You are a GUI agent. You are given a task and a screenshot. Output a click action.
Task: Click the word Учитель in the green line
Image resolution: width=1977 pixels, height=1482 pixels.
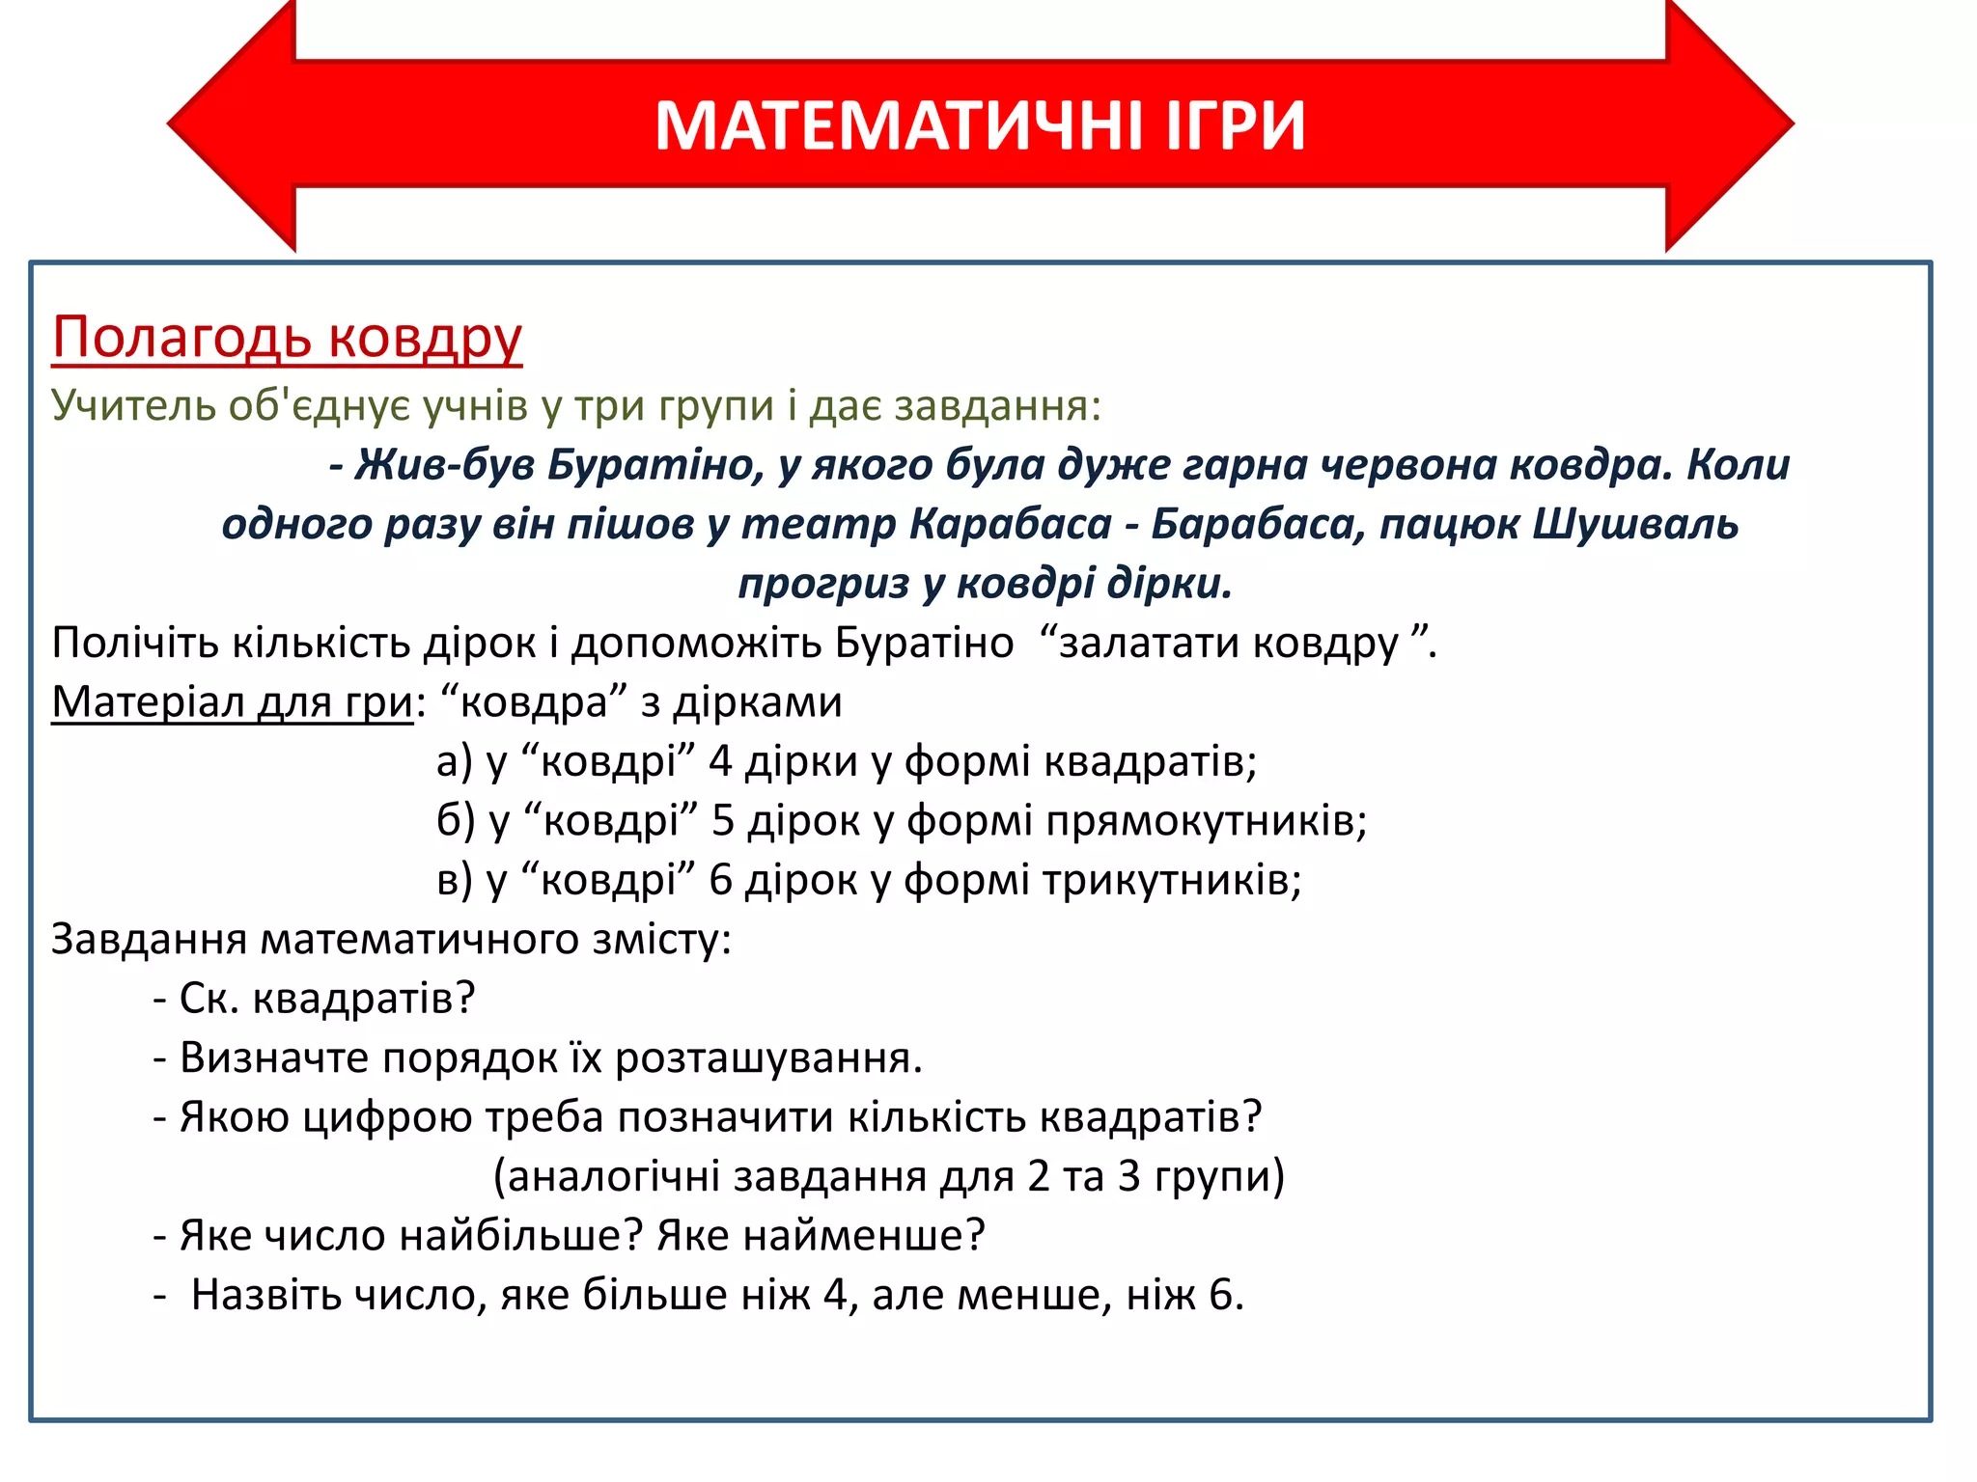coord(133,405)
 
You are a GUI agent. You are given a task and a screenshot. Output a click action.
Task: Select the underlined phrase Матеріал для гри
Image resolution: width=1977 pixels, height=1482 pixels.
coord(232,702)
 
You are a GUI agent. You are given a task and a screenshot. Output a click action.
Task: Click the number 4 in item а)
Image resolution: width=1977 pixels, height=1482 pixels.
coord(720,762)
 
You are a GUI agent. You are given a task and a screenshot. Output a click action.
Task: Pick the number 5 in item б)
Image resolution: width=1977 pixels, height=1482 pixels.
coord(723,821)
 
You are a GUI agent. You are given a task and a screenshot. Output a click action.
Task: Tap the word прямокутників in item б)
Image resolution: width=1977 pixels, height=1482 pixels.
coord(1206,821)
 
